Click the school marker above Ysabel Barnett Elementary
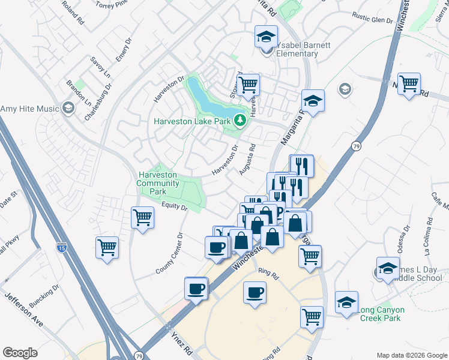[x=266, y=37]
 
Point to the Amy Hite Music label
[x=29, y=109]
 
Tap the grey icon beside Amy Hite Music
[x=68, y=109]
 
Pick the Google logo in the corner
[x=20, y=353]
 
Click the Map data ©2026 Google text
[x=411, y=355]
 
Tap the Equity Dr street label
[x=175, y=207]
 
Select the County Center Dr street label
[x=168, y=252]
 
